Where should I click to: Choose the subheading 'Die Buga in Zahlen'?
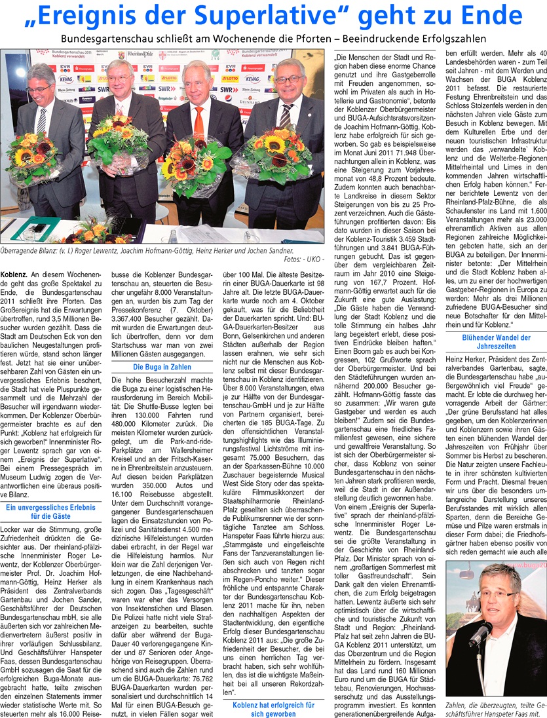(162, 368)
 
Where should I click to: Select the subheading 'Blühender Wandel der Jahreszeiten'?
(495, 343)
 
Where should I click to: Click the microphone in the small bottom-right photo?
(478, 634)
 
